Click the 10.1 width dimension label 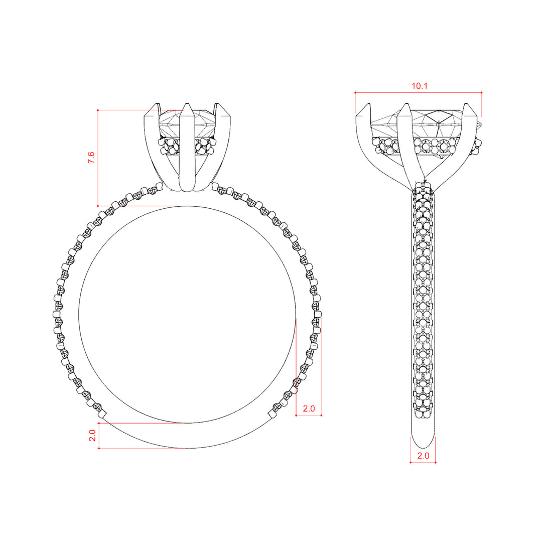(x=419, y=86)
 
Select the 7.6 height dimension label (x=91, y=157)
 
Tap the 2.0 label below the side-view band (x=423, y=456)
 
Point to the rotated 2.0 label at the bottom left (x=92, y=435)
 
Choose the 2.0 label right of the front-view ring (x=309, y=409)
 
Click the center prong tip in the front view (x=187, y=104)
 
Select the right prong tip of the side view (x=466, y=104)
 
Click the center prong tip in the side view (x=406, y=104)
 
